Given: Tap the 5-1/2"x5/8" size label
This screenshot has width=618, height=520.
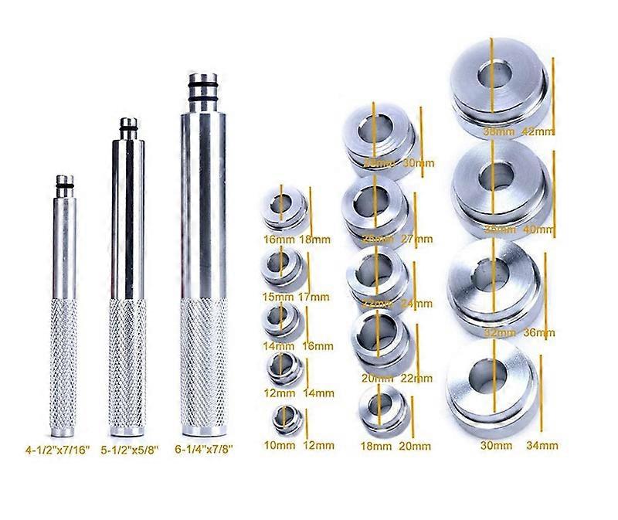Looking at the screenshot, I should tap(129, 446).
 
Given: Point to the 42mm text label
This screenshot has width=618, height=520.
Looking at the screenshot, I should tap(538, 131).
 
